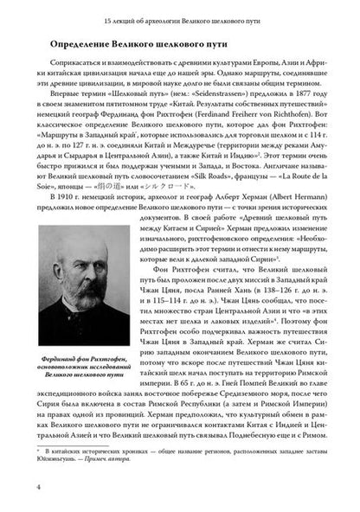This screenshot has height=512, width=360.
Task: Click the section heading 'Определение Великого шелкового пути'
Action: tap(133, 42)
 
